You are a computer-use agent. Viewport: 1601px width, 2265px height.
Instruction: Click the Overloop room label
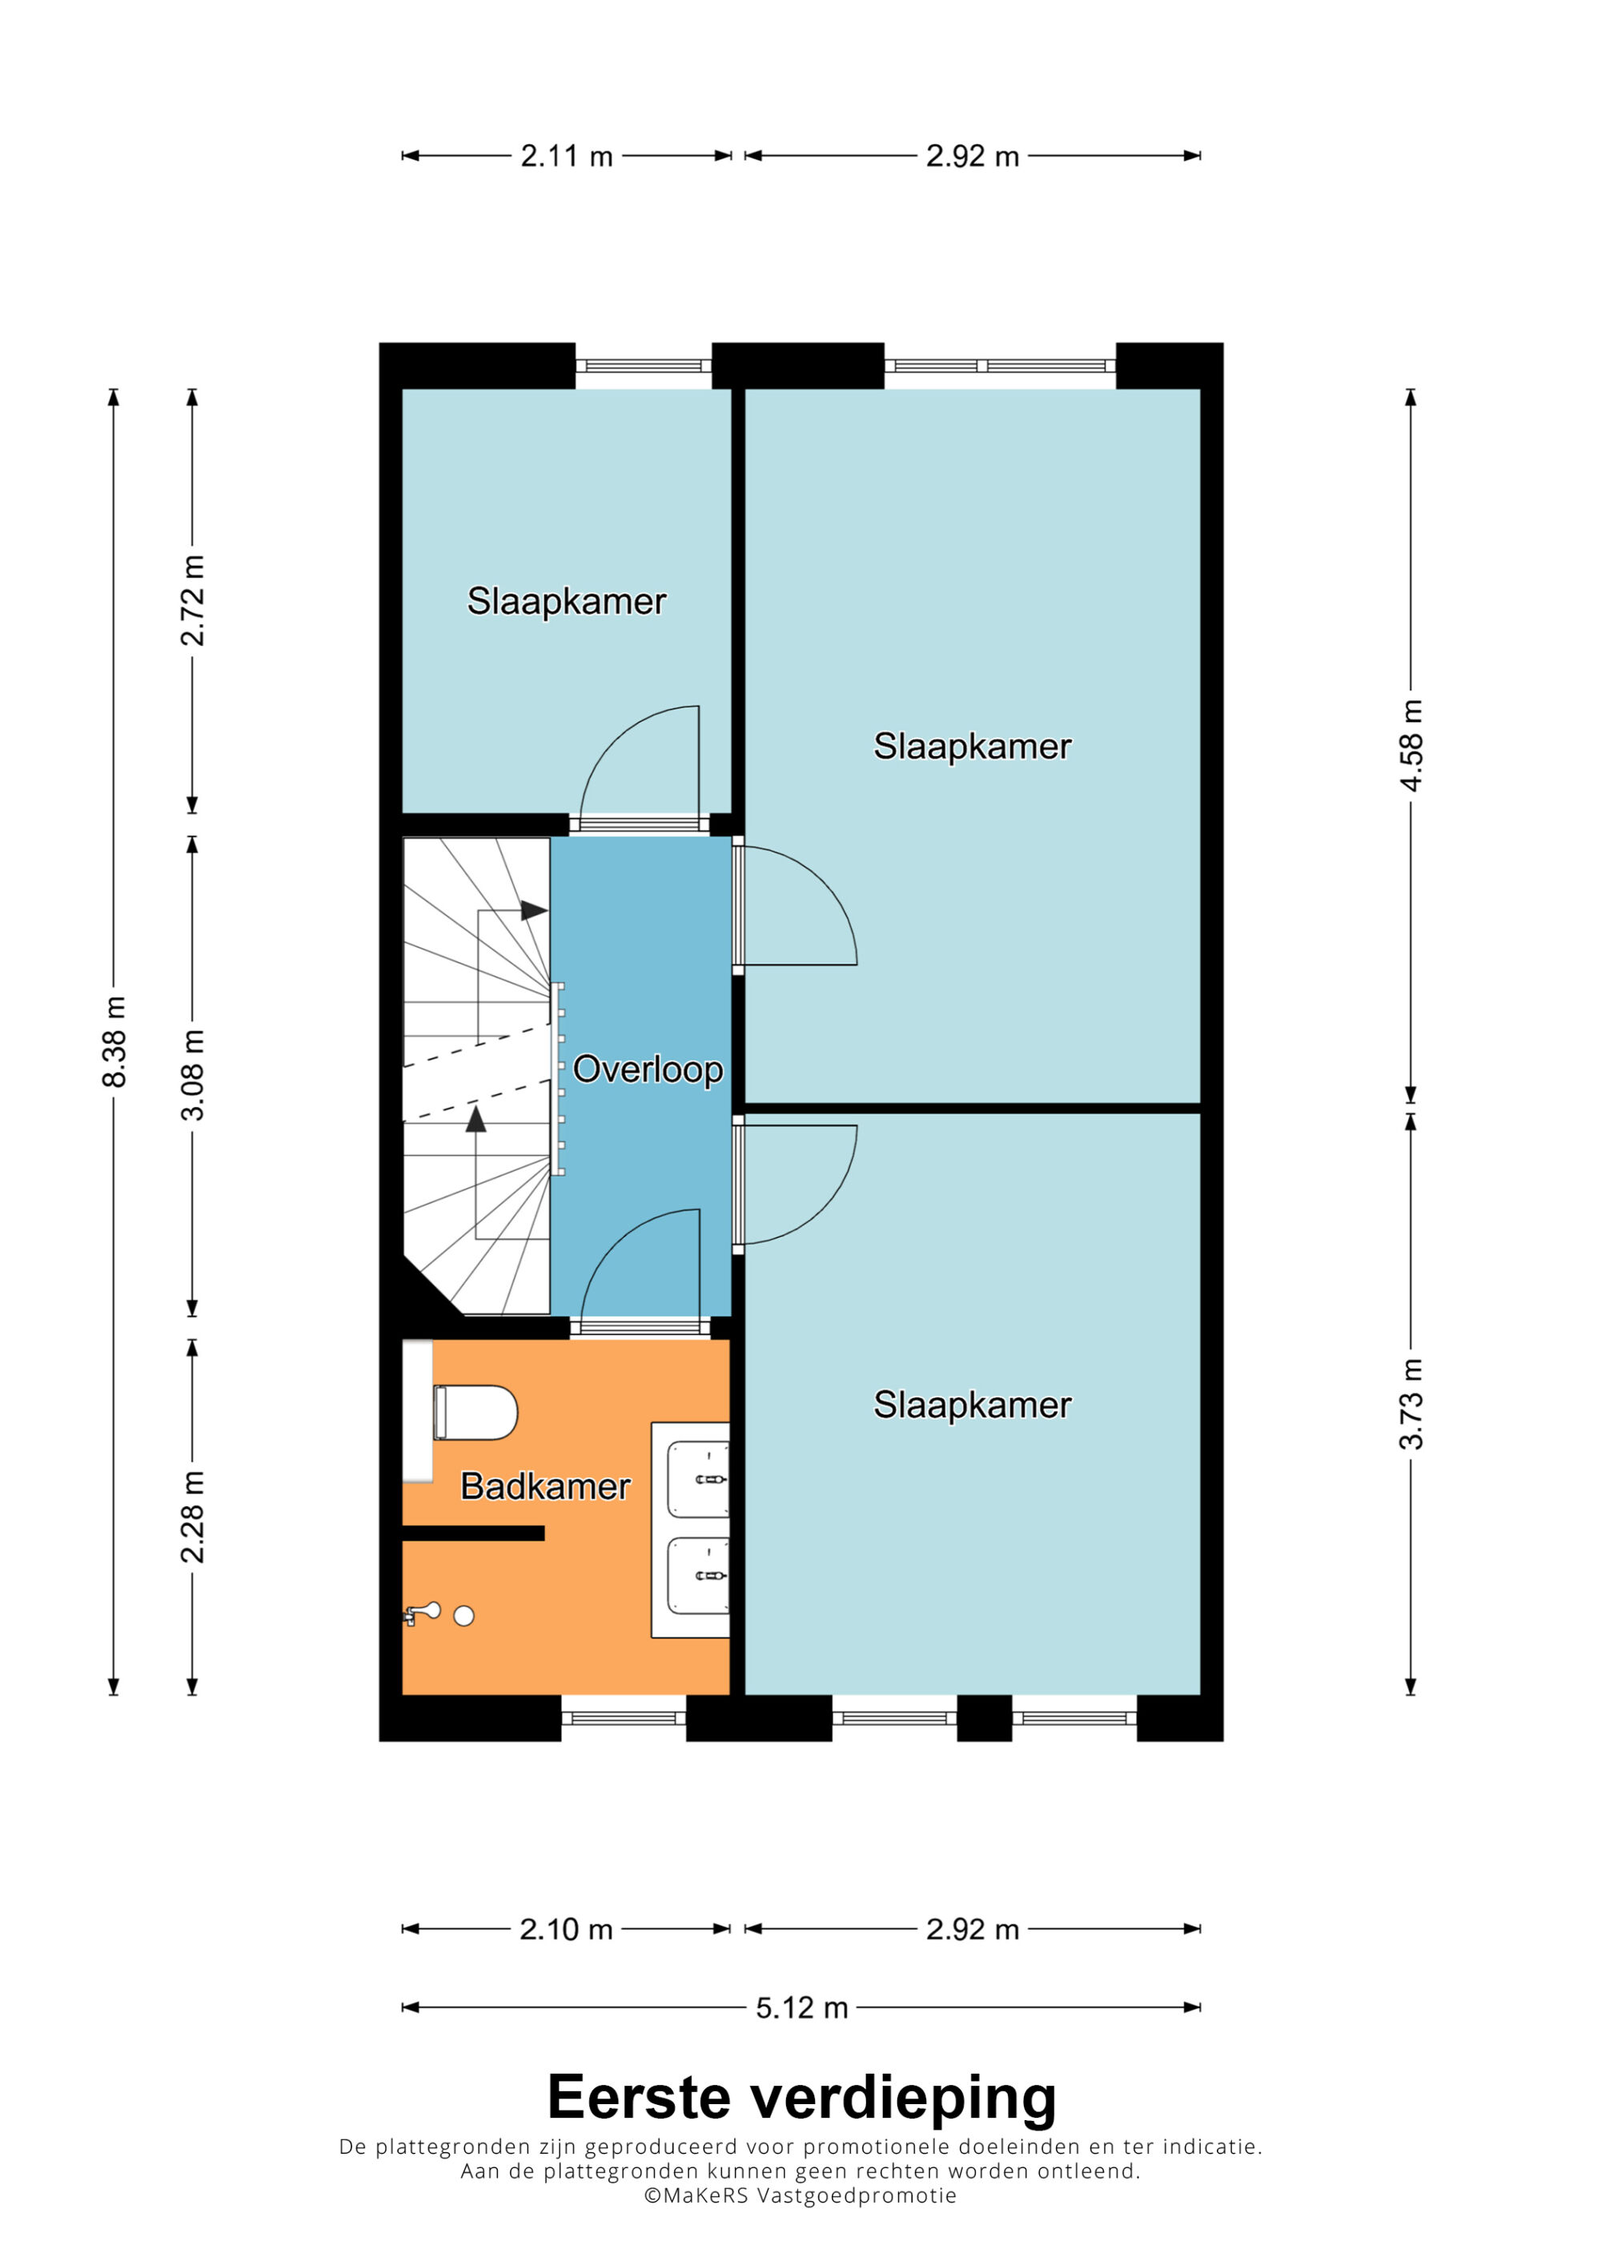[x=648, y=1069]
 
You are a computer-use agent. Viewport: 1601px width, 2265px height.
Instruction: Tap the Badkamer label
[x=545, y=1486]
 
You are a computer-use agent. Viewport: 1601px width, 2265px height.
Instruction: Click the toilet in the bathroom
[x=475, y=1413]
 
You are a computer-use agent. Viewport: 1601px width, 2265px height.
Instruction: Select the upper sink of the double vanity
[x=698, y=1480]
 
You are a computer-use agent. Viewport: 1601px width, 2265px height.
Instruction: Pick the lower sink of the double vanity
[x=698, y=1575]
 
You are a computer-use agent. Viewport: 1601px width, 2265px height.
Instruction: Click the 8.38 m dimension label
[x=114, y=1042]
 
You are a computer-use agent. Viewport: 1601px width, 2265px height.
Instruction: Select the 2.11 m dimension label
[x=568, y=156]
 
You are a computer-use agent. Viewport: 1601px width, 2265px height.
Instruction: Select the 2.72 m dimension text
[x=194, y=599]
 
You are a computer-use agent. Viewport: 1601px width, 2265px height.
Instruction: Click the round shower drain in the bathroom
[x=463, y=1616]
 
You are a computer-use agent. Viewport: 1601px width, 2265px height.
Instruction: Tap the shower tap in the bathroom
[x=421, y=1613]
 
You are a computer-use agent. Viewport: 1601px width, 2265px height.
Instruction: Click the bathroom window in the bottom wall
[x=624, y=1718]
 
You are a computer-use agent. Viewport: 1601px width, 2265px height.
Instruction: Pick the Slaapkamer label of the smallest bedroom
[x=568, y=601]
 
